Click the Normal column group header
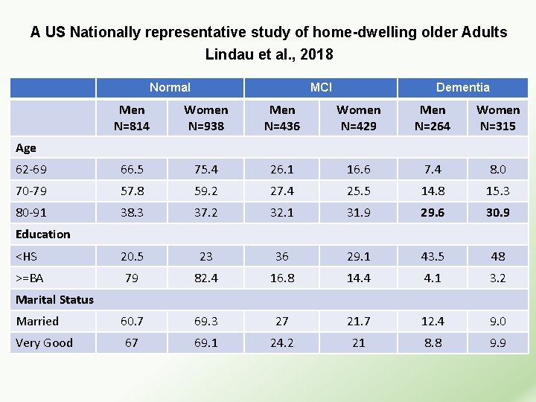170,87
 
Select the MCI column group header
321,87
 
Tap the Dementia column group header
462,87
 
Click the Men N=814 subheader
132,118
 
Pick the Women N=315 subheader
498,118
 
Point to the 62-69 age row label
31,169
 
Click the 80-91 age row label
31,212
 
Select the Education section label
43,234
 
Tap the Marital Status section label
55,299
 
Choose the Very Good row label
45,342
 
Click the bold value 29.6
433,212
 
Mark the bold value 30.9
498,212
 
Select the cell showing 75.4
206,169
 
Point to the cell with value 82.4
206,278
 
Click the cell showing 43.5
433,256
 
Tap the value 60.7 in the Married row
132,321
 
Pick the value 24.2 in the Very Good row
282,342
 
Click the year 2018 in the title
318,54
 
